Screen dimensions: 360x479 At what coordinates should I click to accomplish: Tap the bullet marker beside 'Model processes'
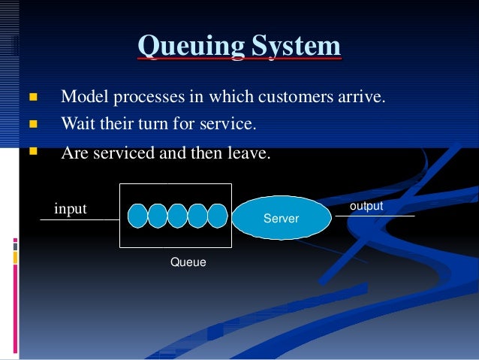pyautogui.click(x=32, y=98)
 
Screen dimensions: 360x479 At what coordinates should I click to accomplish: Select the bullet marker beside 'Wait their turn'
pyautogui.click(x=32, y=123)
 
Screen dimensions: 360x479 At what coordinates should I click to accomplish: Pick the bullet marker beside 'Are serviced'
pyautogui.click(x=32, y=152)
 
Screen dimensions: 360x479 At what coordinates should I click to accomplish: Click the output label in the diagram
pyautogui.click(x=366, y=205)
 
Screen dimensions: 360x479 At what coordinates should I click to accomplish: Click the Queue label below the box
pyautogui.click(x=188, y=262)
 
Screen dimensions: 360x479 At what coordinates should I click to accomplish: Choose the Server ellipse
pyautogui.click(x=282, y=218)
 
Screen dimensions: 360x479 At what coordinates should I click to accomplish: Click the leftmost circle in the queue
pyautogui.click(x=137, y=215)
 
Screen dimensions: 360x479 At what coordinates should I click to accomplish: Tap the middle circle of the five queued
pyautogui.click(x=177, y=215)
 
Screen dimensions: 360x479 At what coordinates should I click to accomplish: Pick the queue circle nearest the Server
pyautogui.click(x=216, y=215)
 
